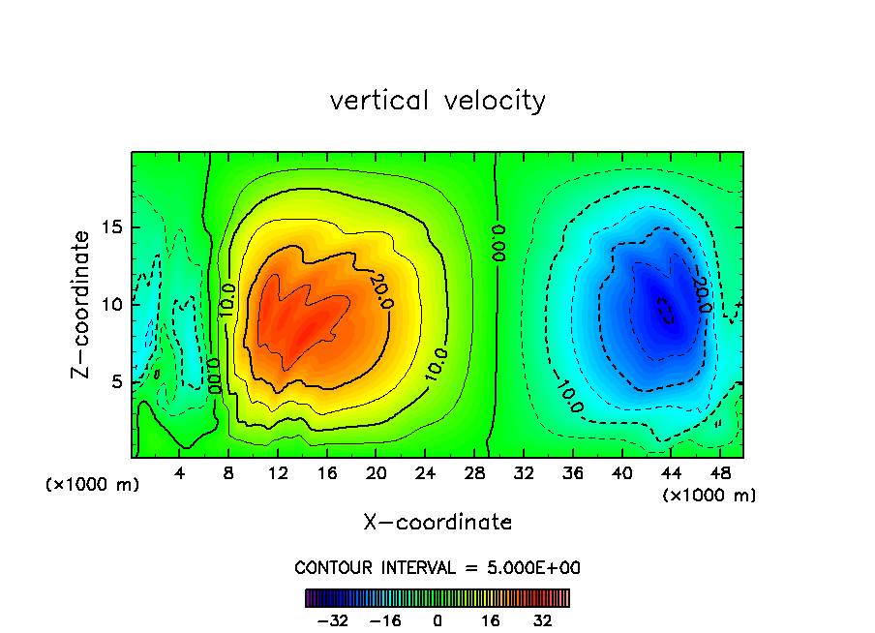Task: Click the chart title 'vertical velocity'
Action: click(x=437, y=101)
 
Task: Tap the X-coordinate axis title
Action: click(x=437, y=523)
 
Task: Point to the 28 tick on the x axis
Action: click(x=475, y=474)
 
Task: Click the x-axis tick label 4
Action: click(x=180, y=474)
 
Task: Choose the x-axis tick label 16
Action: click(x=327, y=474)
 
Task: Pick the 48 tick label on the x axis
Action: click(x=721, y=474)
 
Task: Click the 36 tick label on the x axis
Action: click(x=574, y=474)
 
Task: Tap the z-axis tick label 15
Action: click(x=113, y=228)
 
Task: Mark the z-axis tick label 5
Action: click(x=118, y=381)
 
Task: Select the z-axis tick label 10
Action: click(x=113, y=305)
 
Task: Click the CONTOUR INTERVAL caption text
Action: click(x=437, y=568)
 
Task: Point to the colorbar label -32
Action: click(x=333, y=620)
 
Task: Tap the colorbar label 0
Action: click(x=437, y=620)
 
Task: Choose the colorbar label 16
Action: click(x=491, y=620)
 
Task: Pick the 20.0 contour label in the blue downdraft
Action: click(x=702, y=295)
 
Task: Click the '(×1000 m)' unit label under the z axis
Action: click(x=93, y=485)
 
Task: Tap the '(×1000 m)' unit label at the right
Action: click(x=709, y=496)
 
